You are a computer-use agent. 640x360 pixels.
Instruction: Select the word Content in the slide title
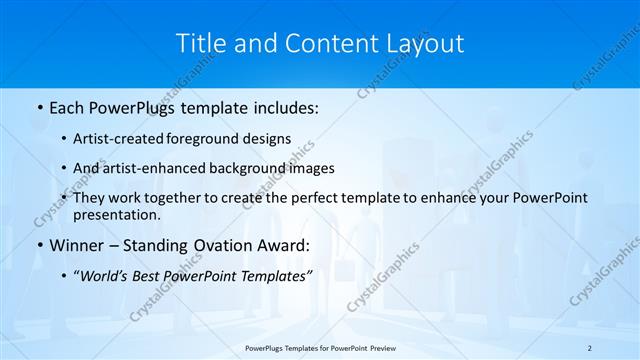[325, 43]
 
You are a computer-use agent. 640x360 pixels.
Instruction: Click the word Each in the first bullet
[69, 106]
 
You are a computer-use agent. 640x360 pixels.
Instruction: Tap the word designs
[268, 140]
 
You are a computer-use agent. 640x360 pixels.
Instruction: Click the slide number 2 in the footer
[590, 347]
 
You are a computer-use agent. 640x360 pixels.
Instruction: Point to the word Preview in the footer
[379, 347]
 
